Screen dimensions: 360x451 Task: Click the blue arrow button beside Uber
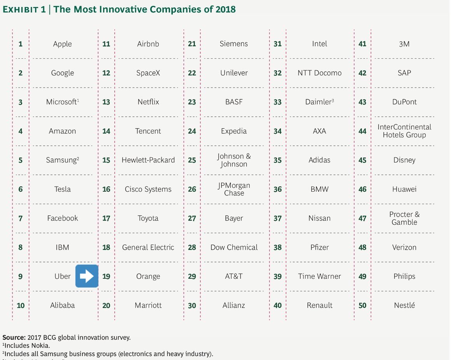click(86, 276)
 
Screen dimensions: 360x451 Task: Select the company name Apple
click(62, 44)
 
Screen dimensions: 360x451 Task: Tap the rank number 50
click(362, 306)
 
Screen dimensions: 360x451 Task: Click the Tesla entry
click(62, 189)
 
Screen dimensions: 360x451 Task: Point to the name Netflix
click(148, 102)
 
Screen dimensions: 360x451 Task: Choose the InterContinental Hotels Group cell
click(404, 131)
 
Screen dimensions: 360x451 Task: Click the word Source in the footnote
click(14, 337)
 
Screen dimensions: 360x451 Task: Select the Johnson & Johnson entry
click(234, 160)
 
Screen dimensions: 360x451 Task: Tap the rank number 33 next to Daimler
click(277, 102)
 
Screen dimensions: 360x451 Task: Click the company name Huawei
click(404, 189)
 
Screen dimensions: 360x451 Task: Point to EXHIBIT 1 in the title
click(24, 9)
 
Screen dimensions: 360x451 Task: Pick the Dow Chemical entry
click(234, 248)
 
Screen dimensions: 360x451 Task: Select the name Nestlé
click(404, 306)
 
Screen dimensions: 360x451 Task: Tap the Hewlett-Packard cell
click(148, 160)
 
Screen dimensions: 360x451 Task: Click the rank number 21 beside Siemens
click(192, 44)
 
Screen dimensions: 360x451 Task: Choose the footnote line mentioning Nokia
click(26, 345)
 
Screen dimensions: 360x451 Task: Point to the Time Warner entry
click(319, 276)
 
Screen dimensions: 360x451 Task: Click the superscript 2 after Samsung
click(78, 158)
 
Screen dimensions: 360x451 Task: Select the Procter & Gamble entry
click(404, 218)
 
